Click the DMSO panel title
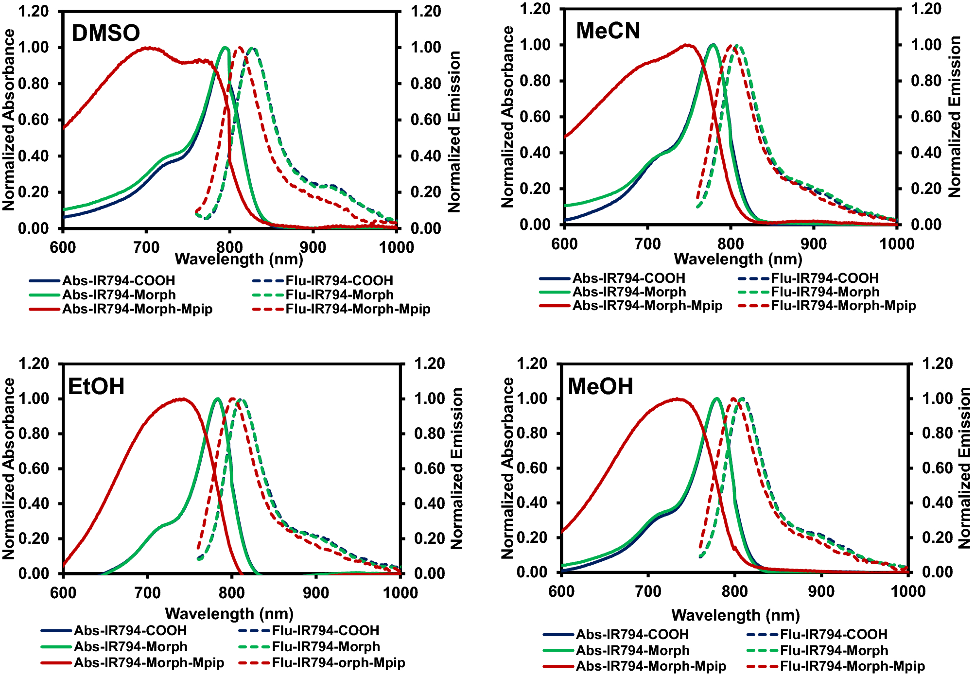[x=105, y=33]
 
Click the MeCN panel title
[x=608, y=31]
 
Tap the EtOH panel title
[x=96, y=386]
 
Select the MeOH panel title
[x=600, y=386]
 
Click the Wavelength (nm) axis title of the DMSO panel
[x=239, y=259]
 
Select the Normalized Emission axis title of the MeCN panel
[x=955, y=117]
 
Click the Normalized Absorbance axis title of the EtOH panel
[x=8, y=468]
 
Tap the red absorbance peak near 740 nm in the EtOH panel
[x=182, y=399]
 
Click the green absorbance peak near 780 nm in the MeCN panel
[x=713, y=45]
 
